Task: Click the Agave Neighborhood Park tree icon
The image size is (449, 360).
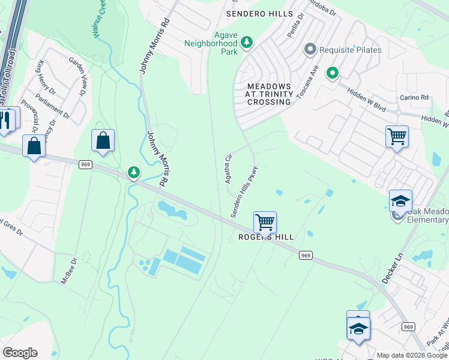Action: click(247, 43)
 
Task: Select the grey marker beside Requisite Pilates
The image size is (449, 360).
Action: click(310, 49)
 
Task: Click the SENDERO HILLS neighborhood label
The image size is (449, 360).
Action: click(259, 13)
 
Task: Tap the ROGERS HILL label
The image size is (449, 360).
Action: click(267, 237)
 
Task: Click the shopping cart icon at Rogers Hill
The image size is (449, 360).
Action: click(265, 222)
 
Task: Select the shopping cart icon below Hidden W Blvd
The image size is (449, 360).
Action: click(397, 137)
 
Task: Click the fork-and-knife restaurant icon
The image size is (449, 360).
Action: click(7, 119)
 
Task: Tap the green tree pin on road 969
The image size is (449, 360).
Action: click(133, 173)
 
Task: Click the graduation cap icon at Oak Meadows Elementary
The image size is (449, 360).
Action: click(400, 200)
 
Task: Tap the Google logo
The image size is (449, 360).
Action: click(20, 353)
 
